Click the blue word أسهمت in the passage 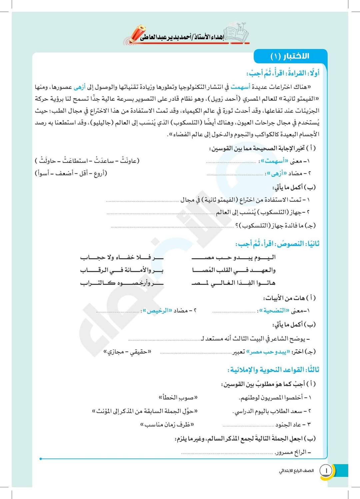240,87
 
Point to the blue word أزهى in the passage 79,87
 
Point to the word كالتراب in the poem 96,283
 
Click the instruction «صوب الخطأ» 178,397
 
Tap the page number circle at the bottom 326,470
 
